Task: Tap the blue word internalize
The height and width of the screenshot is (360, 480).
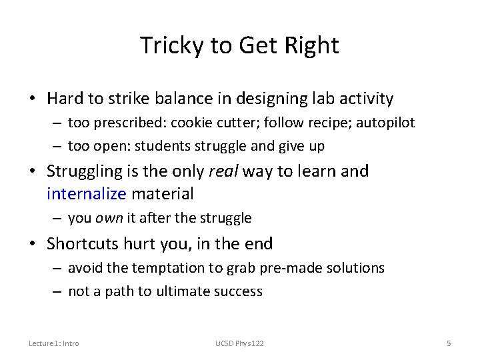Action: click(85, 194)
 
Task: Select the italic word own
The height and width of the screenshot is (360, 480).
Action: click(105, 218)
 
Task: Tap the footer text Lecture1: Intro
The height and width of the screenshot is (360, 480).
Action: click(53, 343)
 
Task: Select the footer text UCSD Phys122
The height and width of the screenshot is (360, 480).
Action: click(239, 343)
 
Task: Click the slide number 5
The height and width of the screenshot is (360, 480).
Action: click(449, 343)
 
